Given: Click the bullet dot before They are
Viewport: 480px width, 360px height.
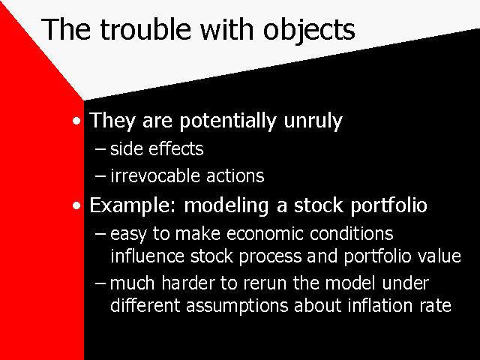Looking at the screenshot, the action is tap(76, 121).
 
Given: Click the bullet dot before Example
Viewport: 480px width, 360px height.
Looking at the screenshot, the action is tap(76, 205).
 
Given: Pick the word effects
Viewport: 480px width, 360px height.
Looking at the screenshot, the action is tap(176, 148).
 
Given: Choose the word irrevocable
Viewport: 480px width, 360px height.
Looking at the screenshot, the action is tap(154, 176).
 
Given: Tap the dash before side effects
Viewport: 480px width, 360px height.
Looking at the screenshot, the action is tap(100, 150).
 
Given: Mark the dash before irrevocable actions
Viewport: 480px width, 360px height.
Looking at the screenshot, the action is tap(100, 177).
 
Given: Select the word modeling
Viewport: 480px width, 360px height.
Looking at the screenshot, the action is tap(226, 205).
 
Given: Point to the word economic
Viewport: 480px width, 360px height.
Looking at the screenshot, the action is tap(265, 234).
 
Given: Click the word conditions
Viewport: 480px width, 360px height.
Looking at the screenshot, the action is tap(352, 234).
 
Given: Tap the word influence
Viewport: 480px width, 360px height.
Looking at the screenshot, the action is tap(147, 256).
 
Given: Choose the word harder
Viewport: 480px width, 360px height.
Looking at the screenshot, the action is tap(188, 283).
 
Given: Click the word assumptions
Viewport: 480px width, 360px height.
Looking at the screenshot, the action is tap(237, 306).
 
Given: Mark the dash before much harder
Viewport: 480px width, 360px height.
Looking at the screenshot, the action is tap(100, 283).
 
